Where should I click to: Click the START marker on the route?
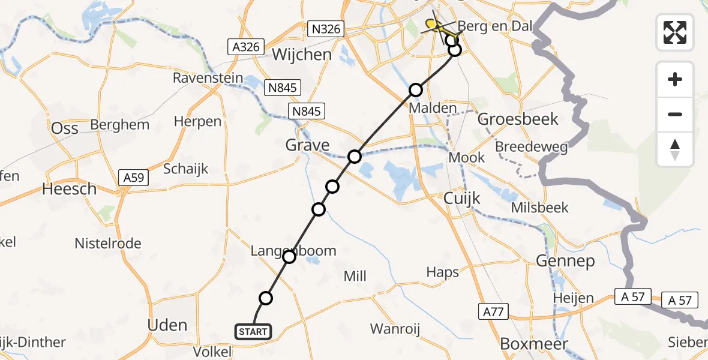(254, 331)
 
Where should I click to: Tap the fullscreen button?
(675, 32)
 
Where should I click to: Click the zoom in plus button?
(675, 79)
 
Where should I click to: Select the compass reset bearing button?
(675, 149)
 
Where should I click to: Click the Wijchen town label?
(301, 55)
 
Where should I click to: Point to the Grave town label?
(307, 145)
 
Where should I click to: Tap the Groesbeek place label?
(518, 119)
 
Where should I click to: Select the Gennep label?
(566, 261)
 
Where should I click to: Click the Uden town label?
(167, 325)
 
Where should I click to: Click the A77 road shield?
(493, 311)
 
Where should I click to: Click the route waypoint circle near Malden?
(416, 91)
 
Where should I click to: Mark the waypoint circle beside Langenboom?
(289, 257)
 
